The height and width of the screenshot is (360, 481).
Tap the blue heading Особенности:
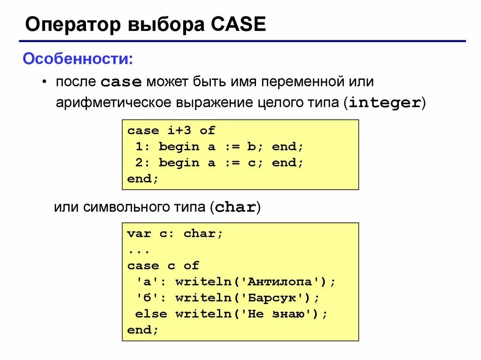click(x=78, y=60)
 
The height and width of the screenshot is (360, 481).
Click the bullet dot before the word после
click(x=44, y=82)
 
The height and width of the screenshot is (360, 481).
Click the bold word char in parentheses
click(x=235, y=207)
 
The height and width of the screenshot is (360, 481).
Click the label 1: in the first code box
click(x=143, y=146)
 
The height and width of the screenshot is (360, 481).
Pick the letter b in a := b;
click(x=251, y=146)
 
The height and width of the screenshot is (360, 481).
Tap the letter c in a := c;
click(x=251, y=162)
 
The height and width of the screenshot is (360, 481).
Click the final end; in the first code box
click(x=143, y=179)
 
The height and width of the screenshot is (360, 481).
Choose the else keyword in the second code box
click(x=151, y=314)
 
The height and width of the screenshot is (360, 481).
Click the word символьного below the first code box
click(x=124, y=207)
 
